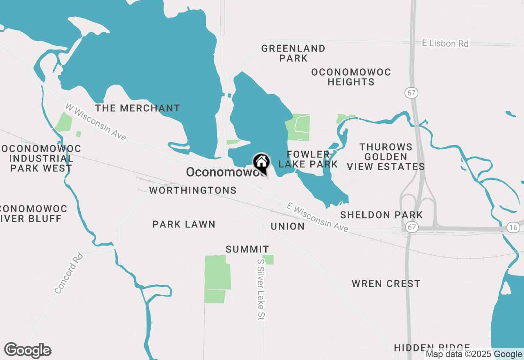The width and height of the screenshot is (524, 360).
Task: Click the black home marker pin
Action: click(x=261, y=162)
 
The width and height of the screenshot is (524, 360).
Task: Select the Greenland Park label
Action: click(x=293, y=53)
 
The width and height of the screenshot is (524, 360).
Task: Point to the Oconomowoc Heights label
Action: click(x=351, y=77)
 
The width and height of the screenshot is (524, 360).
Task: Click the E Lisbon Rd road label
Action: click(x=445, y=43)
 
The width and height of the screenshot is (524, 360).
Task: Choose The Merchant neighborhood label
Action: click(x=138, y=108)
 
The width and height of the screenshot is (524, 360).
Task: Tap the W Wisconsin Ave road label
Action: click(x=96, y=122)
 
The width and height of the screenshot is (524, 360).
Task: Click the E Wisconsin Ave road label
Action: click(x=318, y=217)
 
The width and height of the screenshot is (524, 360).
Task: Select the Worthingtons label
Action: click(x=193, y=190)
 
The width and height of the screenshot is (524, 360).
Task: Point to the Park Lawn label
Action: click(x=184, y=224)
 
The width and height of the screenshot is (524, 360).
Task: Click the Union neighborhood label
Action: click(x=287, y=226)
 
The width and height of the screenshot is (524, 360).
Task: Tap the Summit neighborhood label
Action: click(x=247, y=249)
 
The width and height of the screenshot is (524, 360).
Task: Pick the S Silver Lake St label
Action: click(x=261, y=289)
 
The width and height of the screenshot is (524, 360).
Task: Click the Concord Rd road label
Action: click(x=69, y=273)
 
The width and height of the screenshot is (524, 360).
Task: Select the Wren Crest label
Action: click(x=386, y=283)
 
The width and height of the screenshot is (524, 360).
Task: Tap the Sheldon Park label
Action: click(x=382, y=215)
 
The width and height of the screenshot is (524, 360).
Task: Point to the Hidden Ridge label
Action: click(x=432, y=348)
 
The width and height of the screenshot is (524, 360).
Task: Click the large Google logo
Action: click(x=28, y=351)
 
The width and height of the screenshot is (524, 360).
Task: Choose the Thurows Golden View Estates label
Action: click(x=386, y=157)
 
